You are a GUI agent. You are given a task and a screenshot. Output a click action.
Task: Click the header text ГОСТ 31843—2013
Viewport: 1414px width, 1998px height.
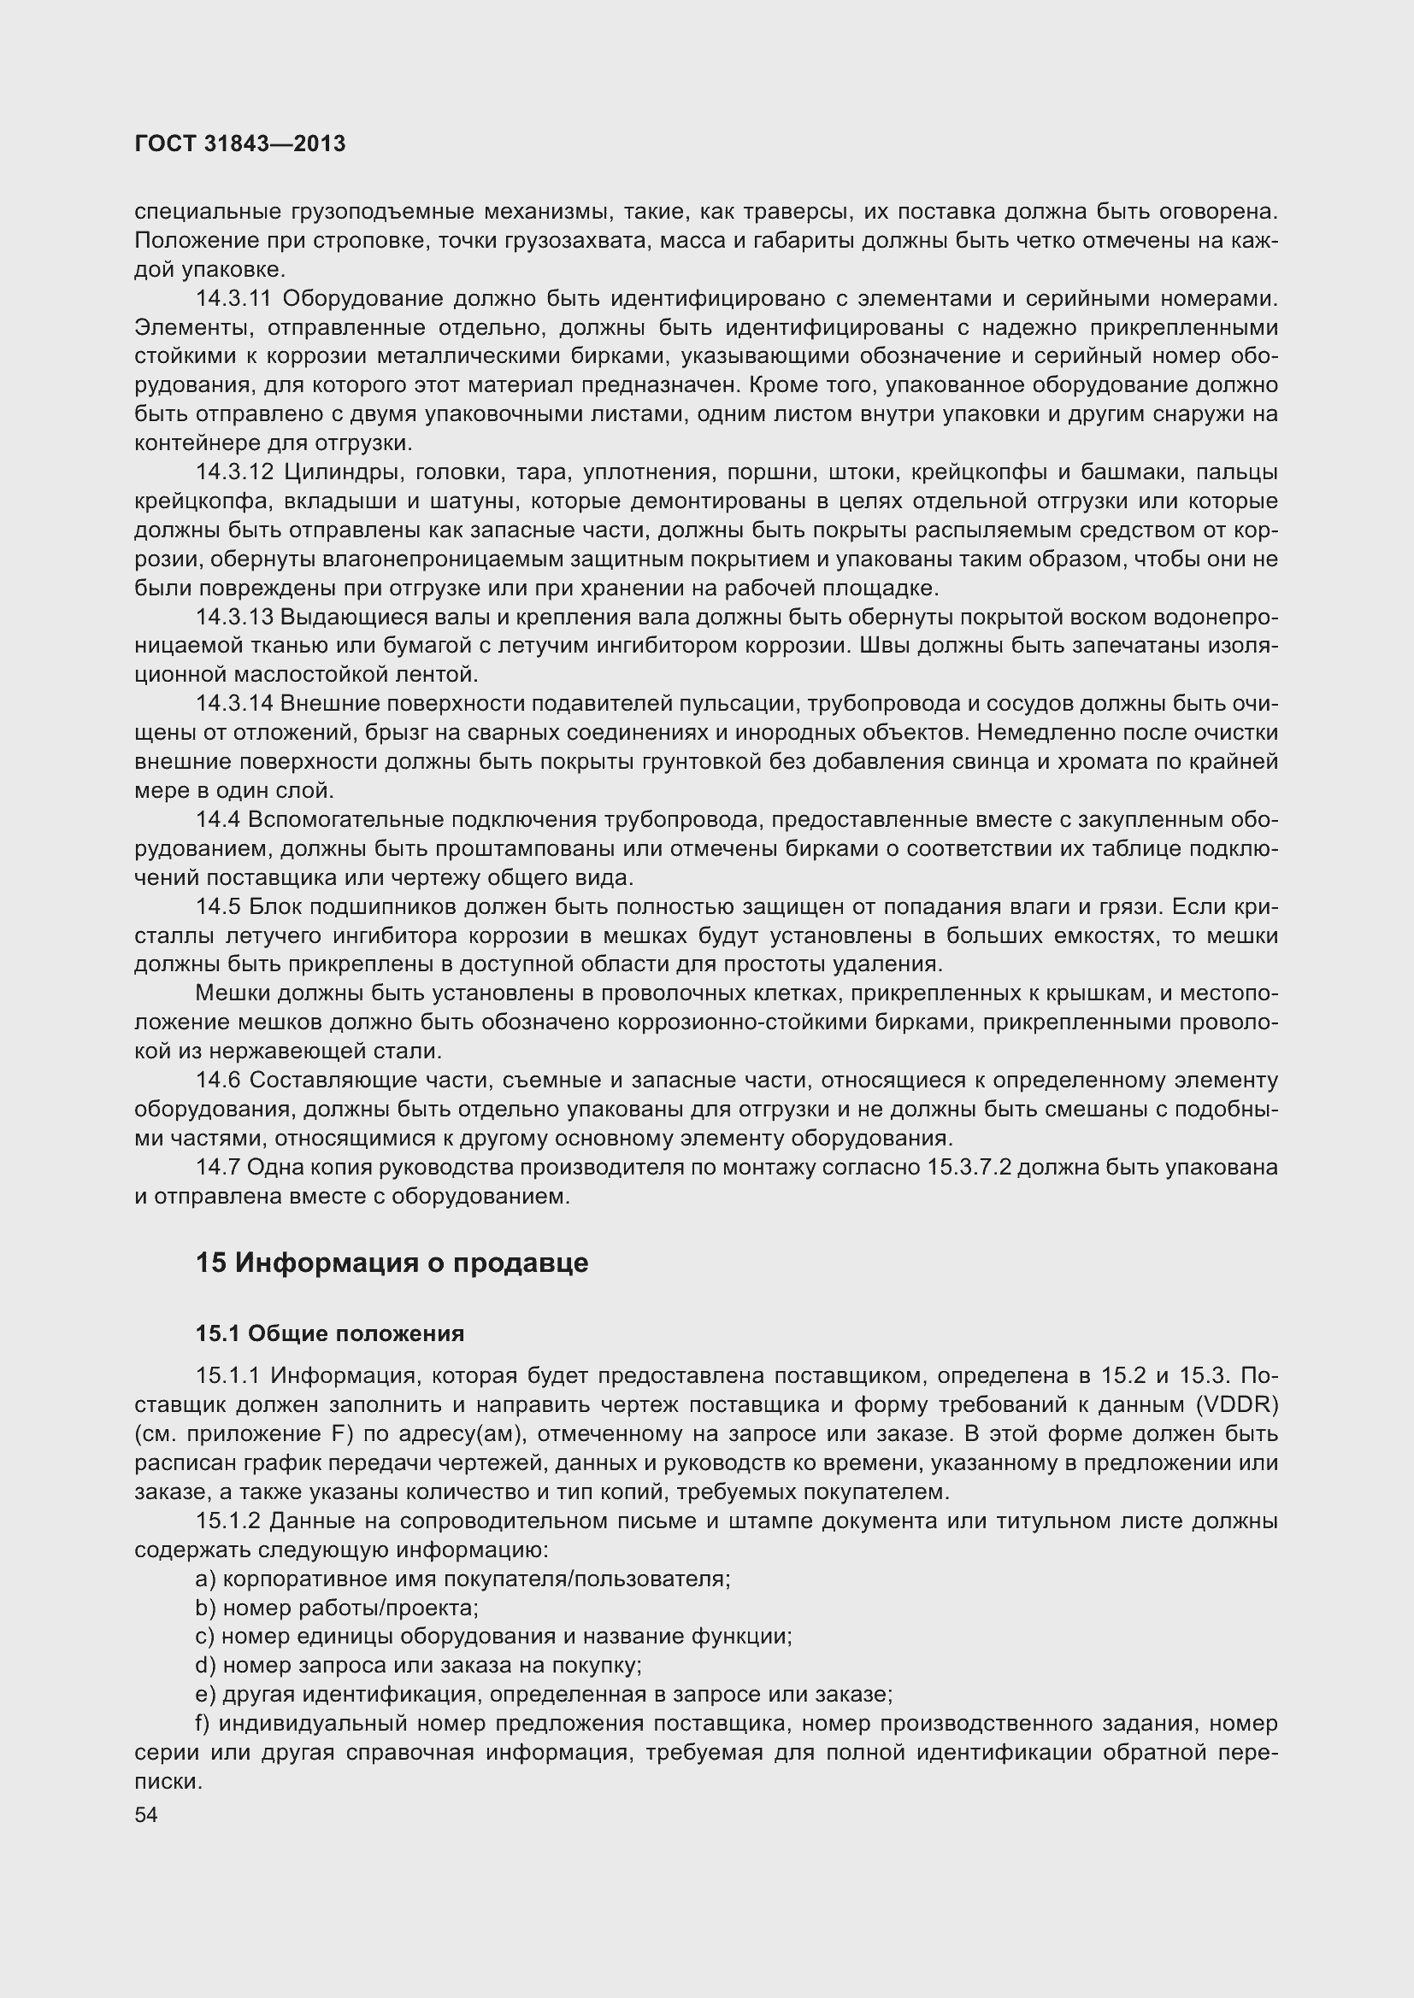(240, 144)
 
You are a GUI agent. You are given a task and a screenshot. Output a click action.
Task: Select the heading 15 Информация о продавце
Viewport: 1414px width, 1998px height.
(392, 1263)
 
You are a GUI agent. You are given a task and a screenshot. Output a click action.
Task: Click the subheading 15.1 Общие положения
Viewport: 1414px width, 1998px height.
(330, 1333)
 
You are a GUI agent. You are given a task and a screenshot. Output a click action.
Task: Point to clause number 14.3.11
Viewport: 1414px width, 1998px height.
(233, 298)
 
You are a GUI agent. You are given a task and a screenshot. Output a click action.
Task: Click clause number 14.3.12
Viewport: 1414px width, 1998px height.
(234, 472)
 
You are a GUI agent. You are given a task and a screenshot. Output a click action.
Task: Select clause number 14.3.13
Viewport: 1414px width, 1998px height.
(234, 617)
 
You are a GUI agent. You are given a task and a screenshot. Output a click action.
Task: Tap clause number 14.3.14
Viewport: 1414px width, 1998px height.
(234, 703)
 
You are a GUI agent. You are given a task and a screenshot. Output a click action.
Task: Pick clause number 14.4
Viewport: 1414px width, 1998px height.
(218, 820)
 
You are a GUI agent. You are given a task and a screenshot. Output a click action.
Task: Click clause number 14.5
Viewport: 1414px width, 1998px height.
(218, 907)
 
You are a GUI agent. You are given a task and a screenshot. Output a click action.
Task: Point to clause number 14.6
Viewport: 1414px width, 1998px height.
(218, 1080)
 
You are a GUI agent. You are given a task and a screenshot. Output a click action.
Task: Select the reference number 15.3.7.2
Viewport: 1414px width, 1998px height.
(969, 1167)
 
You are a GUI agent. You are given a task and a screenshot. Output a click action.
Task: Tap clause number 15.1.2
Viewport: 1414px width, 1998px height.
(228, 1520)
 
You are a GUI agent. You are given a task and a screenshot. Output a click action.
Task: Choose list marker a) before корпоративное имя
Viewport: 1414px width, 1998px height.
(205, 1579)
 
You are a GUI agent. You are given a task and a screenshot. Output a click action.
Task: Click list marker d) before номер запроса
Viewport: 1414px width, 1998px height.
(205, 1665)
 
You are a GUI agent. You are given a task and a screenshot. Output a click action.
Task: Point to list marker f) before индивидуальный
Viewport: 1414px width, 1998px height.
(203, 1723)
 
